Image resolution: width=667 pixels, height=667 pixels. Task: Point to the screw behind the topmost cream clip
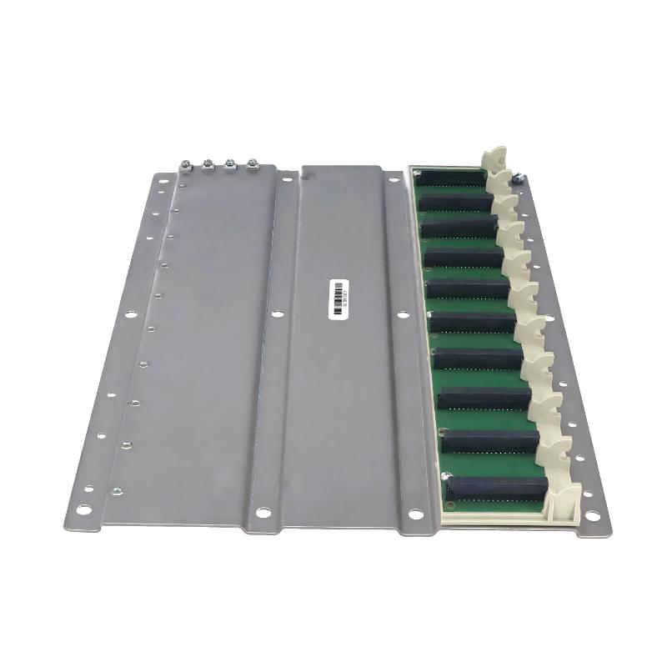(517, 176)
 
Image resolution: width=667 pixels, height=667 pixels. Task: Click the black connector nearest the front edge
(497, 486)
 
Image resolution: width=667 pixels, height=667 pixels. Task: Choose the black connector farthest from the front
(452, 177)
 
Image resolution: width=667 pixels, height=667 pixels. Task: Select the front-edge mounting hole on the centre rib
(263, 512)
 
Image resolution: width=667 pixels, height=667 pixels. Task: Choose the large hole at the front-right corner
(594, 510)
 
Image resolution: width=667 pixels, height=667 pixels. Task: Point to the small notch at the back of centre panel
(306, 175)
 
